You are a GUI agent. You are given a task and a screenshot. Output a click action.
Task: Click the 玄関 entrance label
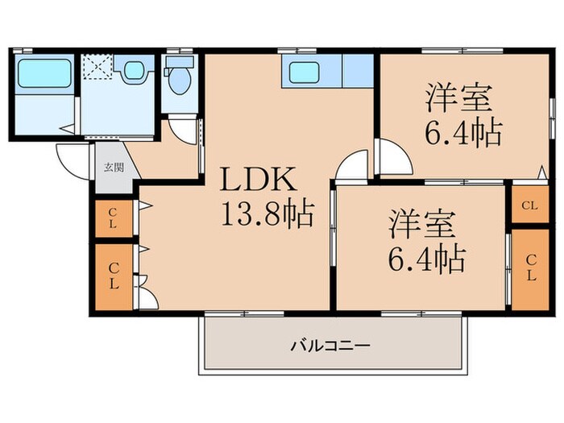coord(113,168)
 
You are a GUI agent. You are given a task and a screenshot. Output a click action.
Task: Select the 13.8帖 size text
coord(265,216)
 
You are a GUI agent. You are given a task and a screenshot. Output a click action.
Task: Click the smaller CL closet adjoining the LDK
coord(113,218)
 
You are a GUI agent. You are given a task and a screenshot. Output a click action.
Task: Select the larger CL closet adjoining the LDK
coord(113,276)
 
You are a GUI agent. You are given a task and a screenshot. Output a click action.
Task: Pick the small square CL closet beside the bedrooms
coord(529,205)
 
